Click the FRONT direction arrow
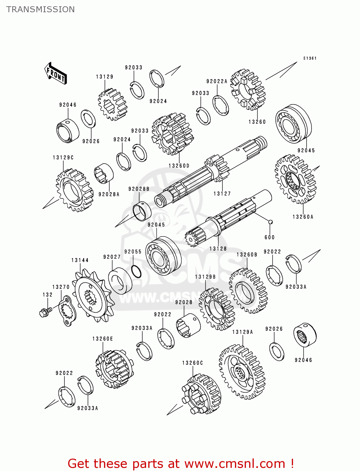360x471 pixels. point(56,73)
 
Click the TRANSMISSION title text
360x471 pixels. point(41,9)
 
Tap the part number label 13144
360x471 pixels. point(80,260)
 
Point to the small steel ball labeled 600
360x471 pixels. point(270,222)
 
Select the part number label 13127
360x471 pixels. point(222,194)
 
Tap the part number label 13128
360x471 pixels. point(218,249)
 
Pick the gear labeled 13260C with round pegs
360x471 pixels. point(201,394)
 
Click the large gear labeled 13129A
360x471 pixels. point(242,372)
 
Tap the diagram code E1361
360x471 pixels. point(310,58)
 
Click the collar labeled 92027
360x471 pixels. point(120,281)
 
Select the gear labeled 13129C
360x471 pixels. point(74,190)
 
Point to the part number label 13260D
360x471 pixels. point(179,166)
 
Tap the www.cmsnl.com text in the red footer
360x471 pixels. point(234,464)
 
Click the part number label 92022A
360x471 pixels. point(217,81)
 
